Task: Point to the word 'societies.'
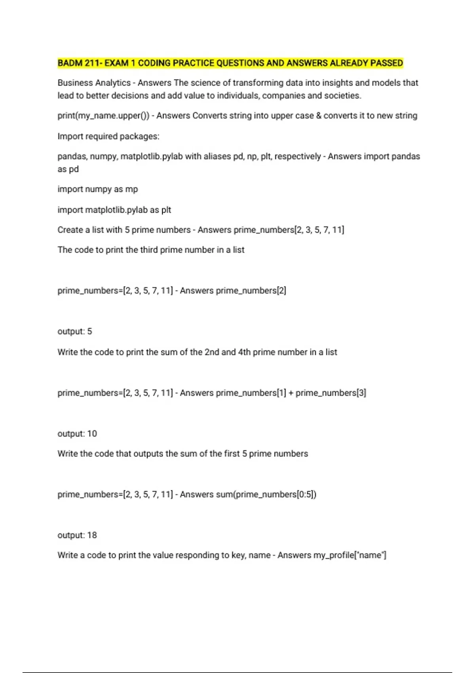click(x=343, y=95)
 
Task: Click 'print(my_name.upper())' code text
click(x=103, y=116)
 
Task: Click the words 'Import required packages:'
click(x=108, y=136)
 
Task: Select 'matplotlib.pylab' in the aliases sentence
click(x=152, y=156)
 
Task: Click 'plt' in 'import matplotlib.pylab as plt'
click(x=166, y=210)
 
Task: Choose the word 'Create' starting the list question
click(x=70, y=230)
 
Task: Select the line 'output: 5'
click(x=75, y=331)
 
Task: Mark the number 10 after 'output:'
click(x=92, y=433)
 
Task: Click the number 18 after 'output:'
click(x=92, y=535)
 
